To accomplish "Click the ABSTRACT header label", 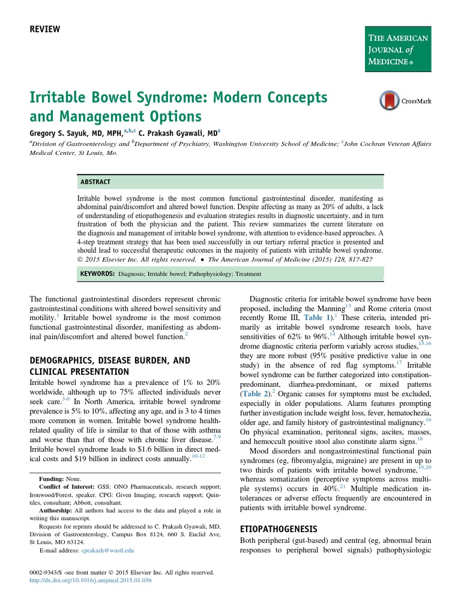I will click(95, 181).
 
